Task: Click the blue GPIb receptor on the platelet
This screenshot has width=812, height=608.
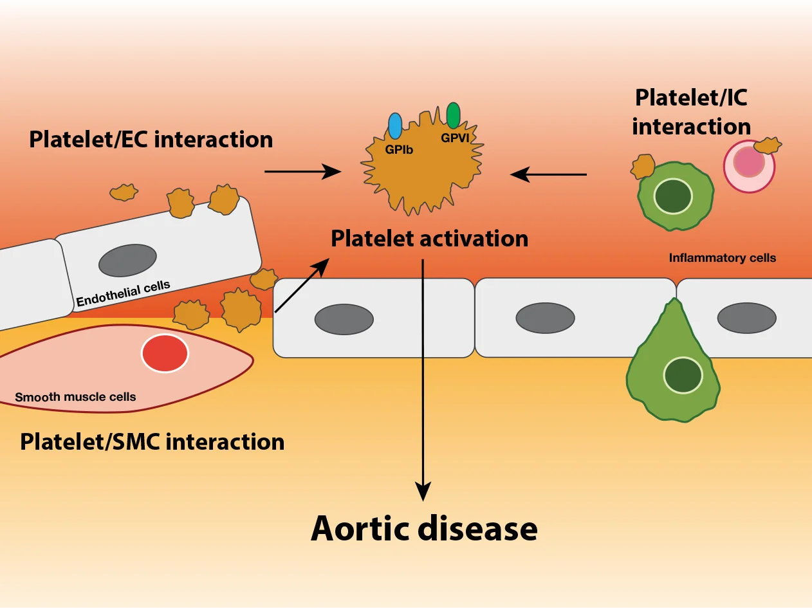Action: pos(395,125)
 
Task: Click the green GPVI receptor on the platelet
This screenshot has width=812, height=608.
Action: pos(453,115)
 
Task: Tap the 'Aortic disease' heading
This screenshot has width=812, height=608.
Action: pos(424,528)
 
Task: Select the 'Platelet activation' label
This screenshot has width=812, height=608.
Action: pos(429,239)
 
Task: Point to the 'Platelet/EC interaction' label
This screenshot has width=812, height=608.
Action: pos(151,139)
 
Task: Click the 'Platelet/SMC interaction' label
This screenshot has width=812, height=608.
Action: pos(152,442)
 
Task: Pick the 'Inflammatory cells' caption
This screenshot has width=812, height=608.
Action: pos(722,258)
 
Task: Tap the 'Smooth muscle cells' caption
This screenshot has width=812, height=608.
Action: pos(75,397)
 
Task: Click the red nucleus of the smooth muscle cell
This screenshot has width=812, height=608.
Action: pos(165,353)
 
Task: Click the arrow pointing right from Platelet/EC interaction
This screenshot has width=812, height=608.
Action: pos(302,171)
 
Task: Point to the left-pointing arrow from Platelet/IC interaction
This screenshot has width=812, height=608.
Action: pos(548,174)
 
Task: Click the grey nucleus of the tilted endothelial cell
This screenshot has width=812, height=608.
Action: pos(127,260)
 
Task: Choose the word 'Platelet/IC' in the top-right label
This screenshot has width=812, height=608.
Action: pos(691,98)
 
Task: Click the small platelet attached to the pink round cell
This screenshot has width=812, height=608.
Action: pos(768,145)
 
